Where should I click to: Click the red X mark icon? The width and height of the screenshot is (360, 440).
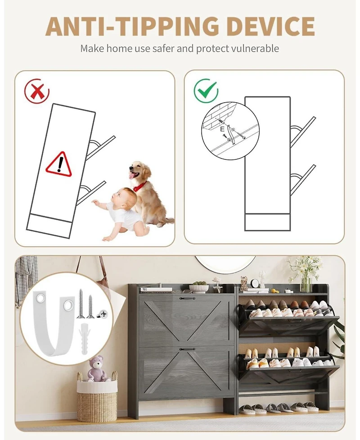click(x=37, y=91)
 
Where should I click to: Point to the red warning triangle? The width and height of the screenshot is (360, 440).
click(x=59, y=164)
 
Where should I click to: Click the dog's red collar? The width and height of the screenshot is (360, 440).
click(x=139, y=186)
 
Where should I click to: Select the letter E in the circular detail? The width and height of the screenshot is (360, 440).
click(x=222, y=129)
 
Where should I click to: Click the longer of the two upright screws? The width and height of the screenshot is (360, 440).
click(x=81, y=304)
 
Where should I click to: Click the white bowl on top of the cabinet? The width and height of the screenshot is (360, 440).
click(x=198, y=289)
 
